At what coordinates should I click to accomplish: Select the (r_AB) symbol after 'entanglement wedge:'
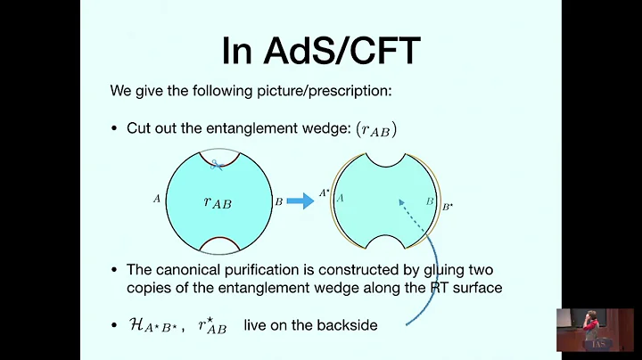click(375, 129)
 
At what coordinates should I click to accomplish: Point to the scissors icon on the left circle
click(215, 164)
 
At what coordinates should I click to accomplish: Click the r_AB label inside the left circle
click(217, 202)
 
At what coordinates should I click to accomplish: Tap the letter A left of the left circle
click(157, 199)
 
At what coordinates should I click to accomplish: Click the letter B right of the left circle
click(279, 201)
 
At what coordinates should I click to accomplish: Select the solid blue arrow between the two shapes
click(300, 201)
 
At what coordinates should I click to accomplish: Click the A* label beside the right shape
click(325, 192)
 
